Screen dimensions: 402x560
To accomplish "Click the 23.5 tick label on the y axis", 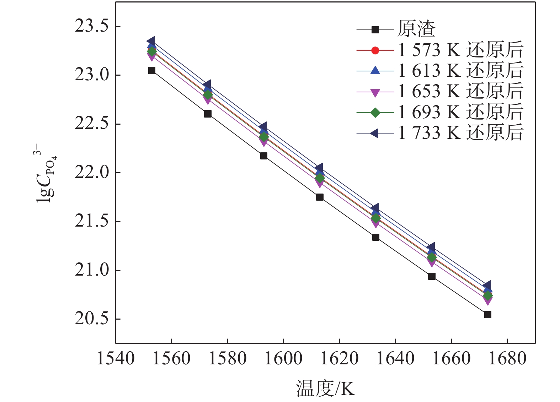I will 91,27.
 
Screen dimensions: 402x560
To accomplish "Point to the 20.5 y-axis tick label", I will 91,319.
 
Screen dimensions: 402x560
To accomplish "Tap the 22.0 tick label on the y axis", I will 91,173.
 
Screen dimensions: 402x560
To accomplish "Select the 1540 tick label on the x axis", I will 116,358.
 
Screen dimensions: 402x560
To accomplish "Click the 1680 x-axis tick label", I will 507,358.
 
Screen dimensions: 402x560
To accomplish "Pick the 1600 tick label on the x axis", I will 283,358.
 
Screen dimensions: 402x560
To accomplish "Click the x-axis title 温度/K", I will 325,389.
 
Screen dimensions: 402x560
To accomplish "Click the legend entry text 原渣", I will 416,29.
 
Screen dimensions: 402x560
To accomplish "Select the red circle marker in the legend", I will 375,50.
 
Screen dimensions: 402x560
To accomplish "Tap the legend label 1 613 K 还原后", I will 460,71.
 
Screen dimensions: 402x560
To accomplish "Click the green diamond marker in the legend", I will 375,113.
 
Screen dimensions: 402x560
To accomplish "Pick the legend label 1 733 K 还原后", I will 460,133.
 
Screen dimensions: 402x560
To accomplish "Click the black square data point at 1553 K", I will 152,70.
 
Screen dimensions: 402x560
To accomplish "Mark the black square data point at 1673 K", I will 488,315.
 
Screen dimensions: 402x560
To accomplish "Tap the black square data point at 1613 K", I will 320,197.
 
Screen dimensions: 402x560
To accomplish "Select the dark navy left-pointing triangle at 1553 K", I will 151,41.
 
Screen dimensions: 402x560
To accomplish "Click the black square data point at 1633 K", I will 376,237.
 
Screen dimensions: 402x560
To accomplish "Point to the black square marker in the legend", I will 375,30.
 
